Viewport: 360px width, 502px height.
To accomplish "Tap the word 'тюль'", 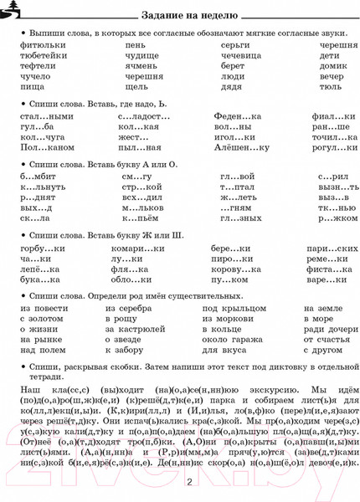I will (330, 85).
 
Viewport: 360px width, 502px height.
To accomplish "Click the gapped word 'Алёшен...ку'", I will (241, 146).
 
